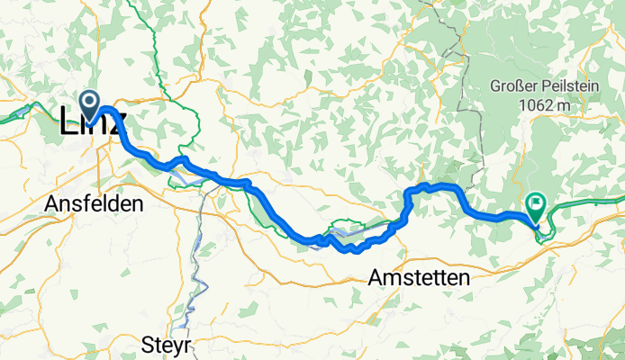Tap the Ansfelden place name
(x=94, y=204)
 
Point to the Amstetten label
(x=419, y=279)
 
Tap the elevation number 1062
(x=537, y=105)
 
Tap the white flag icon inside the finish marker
(x=537, y=203)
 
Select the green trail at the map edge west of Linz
(x=14, y=114)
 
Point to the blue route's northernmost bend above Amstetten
(x=437, y=185)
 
